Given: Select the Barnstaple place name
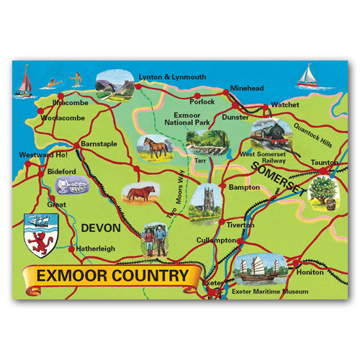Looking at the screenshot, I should [100, 143].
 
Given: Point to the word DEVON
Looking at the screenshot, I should [100, 228].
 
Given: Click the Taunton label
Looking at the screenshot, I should [325, 163].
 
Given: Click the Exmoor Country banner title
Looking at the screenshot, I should [112, 276].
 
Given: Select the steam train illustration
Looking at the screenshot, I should [271, 135].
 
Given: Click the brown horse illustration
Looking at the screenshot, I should [156, 148].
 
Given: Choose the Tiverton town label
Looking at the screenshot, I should [240, 224].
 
